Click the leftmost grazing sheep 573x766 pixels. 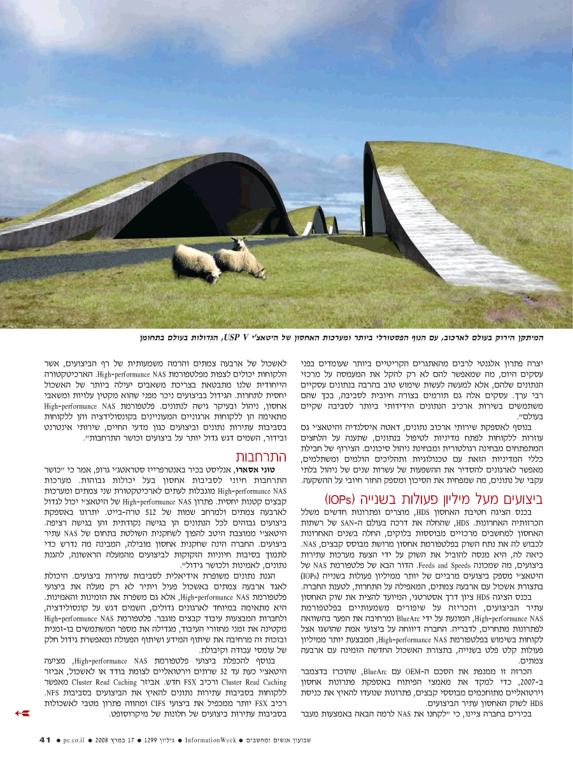[x=196, y=263]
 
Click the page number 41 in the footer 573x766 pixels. [x=45, y=739]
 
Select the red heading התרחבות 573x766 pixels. [x=260, y=457]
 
